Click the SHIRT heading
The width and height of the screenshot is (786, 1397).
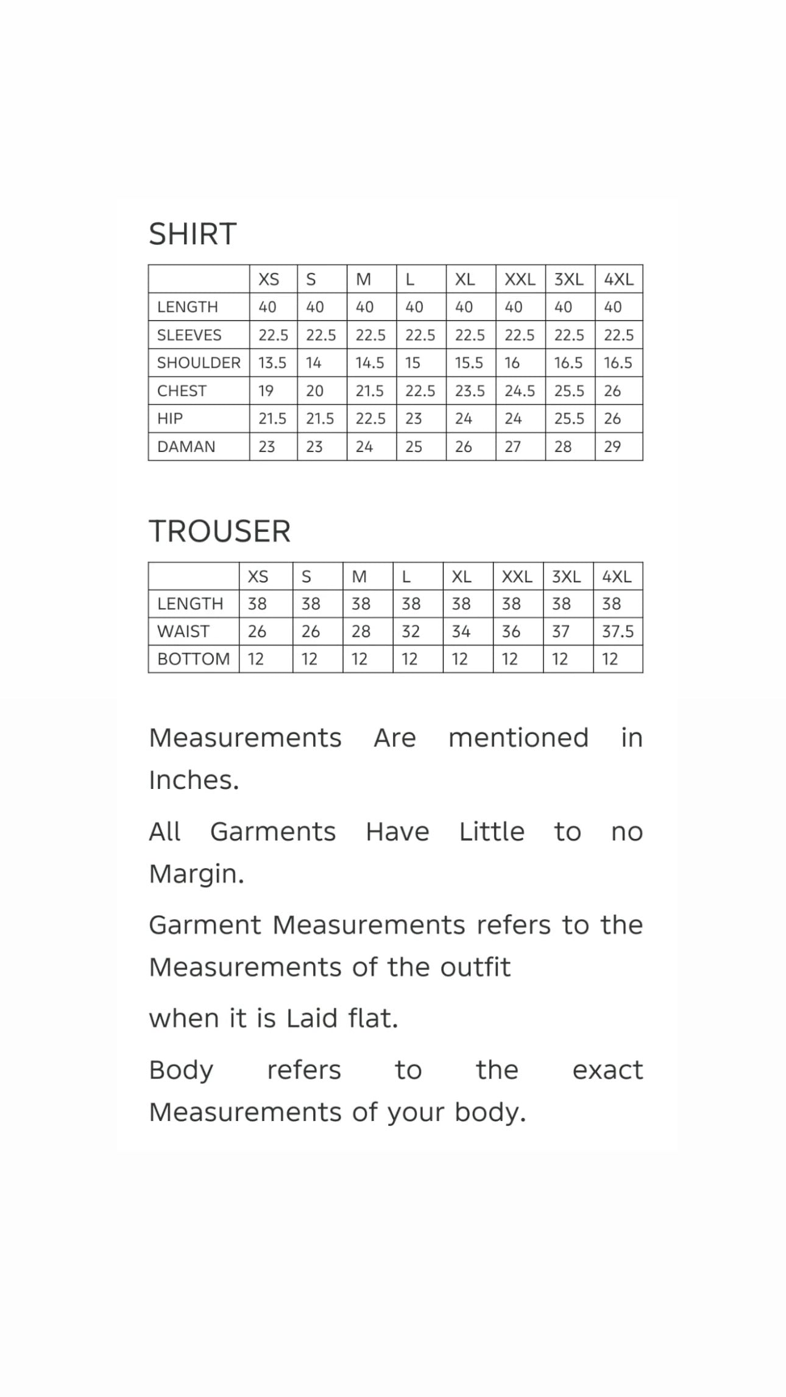click(x=193, y=234)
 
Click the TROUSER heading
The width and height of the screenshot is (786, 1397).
click(x=219, y=531)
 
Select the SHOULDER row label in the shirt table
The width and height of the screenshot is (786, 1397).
click(x=199, y=363)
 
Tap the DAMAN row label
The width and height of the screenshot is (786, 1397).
click(x=186, y=447)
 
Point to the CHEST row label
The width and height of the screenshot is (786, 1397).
click(x=182, y=391)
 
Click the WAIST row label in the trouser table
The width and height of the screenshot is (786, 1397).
click(x=183, y=632)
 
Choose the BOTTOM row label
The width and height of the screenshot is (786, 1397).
click(x=193, y=659)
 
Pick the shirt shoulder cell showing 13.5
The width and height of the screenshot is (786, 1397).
click(x=272, y=363)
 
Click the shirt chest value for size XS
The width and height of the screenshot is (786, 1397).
click(x=266, y=391)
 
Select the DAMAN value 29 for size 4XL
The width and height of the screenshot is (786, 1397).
click(x=612, y=447)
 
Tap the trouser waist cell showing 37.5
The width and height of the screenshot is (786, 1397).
click(x=618, y=632)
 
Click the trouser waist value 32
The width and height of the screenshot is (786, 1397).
click(x=411, y=632)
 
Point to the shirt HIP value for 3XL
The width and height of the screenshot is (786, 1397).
click(x=569, y=419)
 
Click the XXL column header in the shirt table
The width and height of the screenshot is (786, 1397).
click(x=520, y=280)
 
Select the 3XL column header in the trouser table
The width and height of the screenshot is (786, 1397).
click(x=566, y=576)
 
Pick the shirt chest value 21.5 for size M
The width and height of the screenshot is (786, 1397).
click(x=370, y=391)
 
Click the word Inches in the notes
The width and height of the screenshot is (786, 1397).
click(x=194, y=780)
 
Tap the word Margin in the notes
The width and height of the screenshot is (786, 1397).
click(x=196, y=874)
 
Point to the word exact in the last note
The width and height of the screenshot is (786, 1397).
click(x=607, y=1070)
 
